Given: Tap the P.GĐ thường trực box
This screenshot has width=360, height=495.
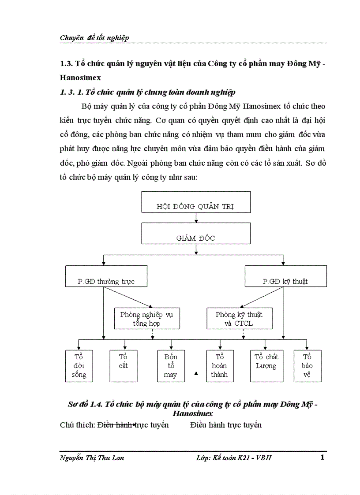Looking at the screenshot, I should click(x=106, y=276).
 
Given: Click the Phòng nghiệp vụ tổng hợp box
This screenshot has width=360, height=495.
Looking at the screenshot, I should click(x=146, y=318).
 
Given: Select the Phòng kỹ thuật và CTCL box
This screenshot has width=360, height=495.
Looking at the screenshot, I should click(x=239, y=318).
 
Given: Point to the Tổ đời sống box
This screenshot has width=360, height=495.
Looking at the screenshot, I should click(x=79, y=365).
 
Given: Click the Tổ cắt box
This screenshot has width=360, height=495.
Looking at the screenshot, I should click(x=123, y=365).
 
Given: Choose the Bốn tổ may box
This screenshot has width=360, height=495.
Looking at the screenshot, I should click(x=171, y=365).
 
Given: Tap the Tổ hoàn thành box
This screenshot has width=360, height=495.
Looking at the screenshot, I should click(x=219, y=365).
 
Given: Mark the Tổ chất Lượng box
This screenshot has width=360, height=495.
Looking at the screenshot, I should click(x=266, y=365).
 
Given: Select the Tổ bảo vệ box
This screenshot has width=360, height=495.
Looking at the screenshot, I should click(x=307, y=365).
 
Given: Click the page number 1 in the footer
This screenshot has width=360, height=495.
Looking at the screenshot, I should click(x=322, y=457).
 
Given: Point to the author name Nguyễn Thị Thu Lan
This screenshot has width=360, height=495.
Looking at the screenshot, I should click(x=92, y=458).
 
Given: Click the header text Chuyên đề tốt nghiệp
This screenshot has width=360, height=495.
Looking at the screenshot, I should click(x=94, y=38).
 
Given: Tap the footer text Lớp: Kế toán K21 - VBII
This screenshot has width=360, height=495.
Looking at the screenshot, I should click(x=234, y=458).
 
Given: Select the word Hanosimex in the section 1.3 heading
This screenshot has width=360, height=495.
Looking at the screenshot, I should click(x=80, y=78).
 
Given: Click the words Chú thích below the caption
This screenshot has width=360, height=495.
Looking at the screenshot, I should click(x=77, y=425).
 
